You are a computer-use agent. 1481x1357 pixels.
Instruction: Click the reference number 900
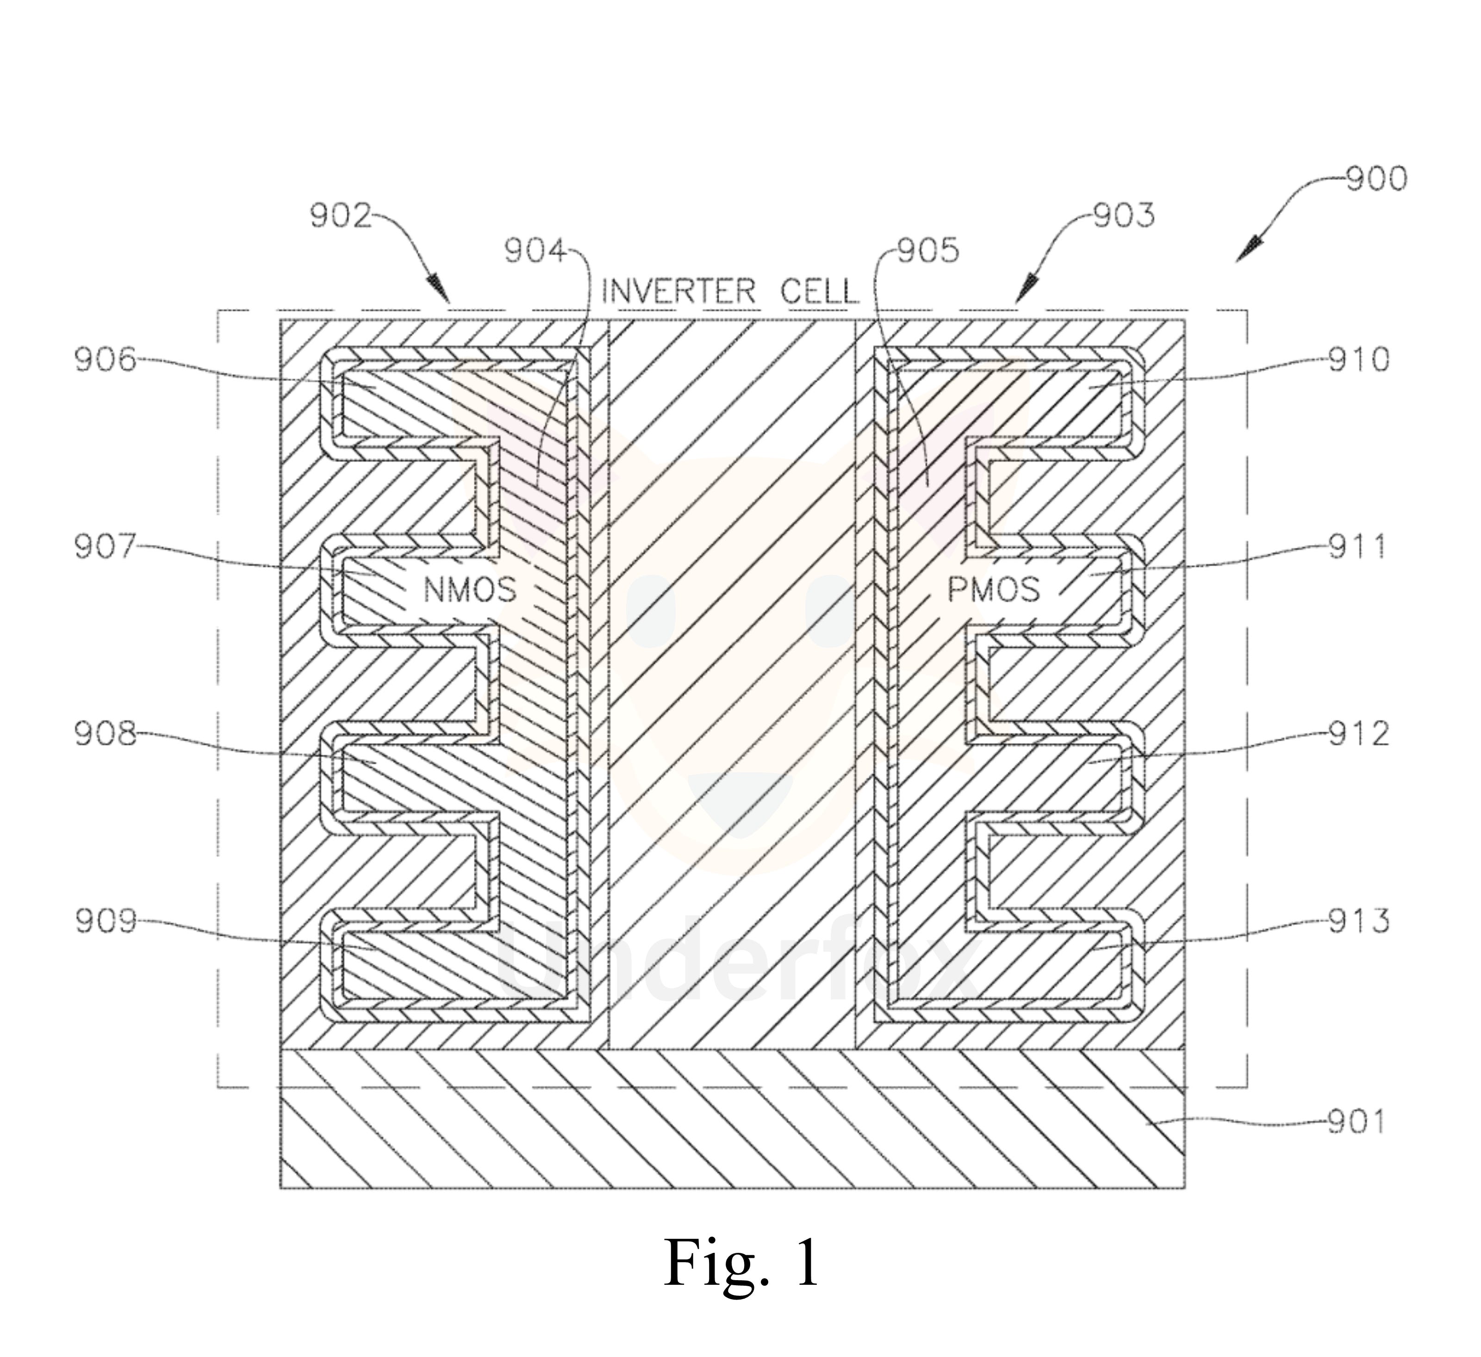[x=1375, y=179]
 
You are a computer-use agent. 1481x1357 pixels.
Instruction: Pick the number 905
[x=928, y=252]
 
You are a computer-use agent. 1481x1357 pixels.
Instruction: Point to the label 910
[x=1358, y=361]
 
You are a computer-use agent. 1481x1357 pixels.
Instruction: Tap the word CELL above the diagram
[x=819, y=292]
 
